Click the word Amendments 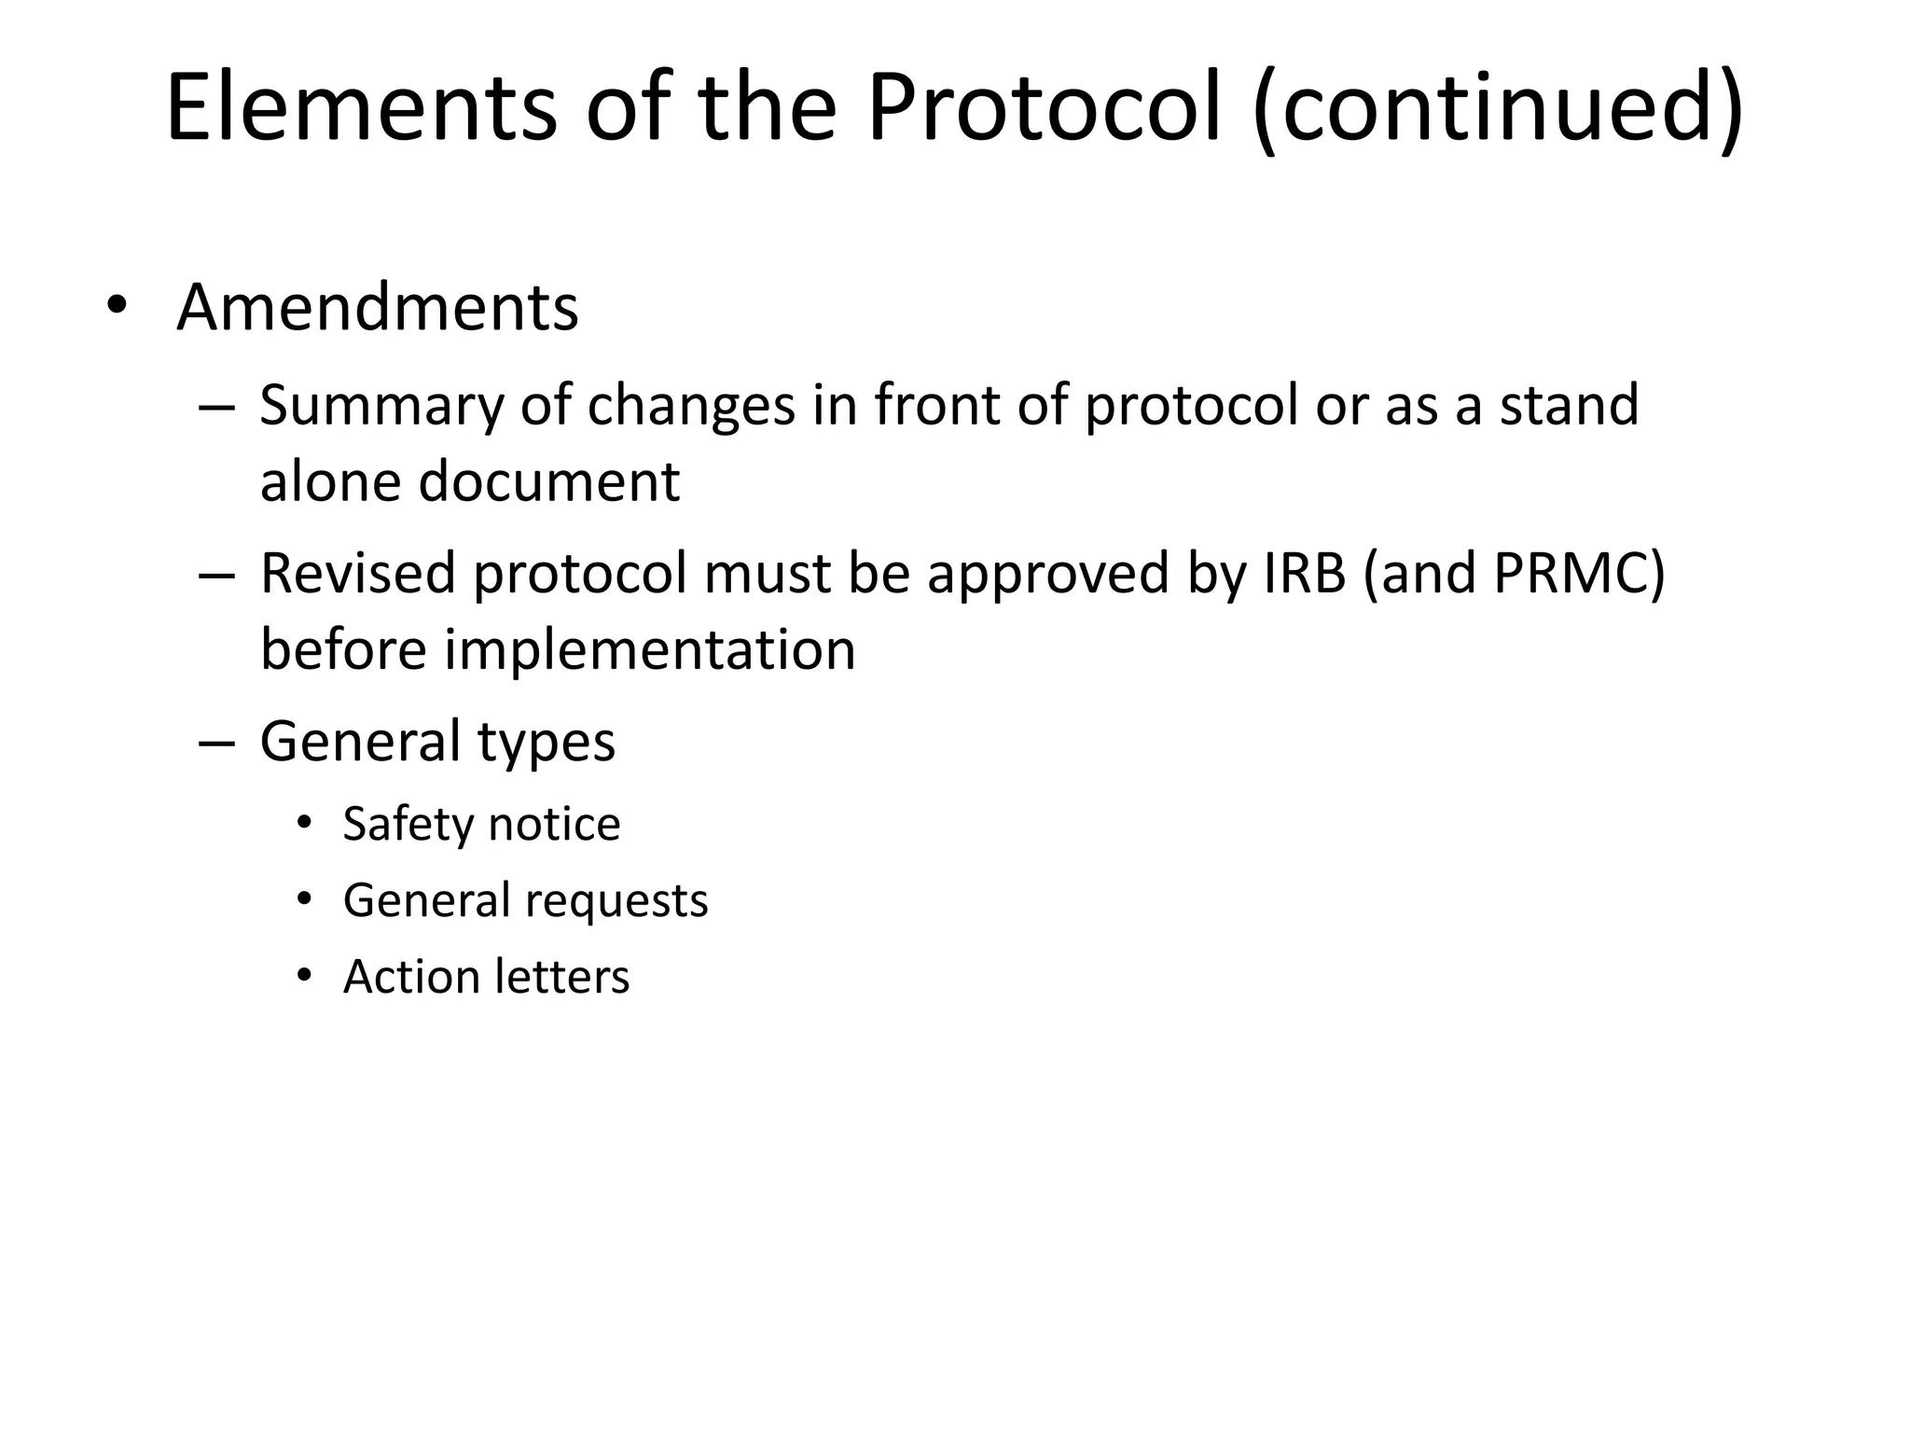377,307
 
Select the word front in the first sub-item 936,405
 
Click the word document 549,481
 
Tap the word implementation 650,649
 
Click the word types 547,743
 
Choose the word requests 616,901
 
